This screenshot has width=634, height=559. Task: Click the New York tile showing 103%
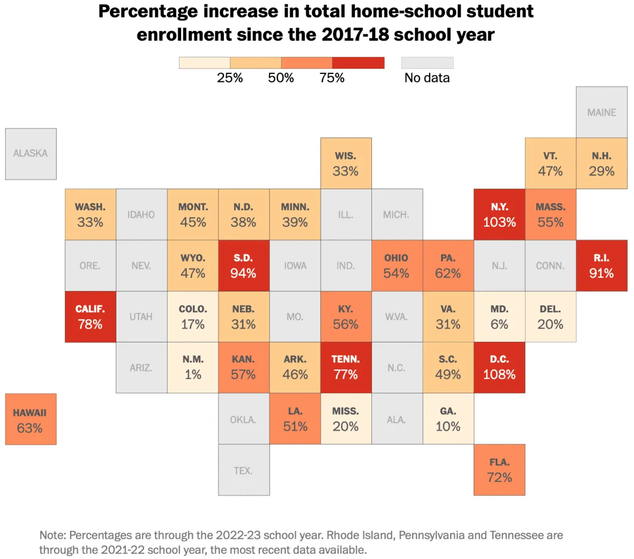499,215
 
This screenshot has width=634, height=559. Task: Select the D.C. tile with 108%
499,367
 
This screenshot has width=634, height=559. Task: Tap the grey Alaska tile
31,154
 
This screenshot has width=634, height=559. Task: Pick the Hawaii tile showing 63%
31,419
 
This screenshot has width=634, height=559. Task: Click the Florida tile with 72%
499,470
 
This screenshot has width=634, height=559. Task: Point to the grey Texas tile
244,470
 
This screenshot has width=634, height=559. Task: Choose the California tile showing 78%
90,316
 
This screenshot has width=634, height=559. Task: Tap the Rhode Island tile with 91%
602,265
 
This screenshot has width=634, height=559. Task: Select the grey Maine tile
602,112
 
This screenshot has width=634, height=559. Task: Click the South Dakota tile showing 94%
244,265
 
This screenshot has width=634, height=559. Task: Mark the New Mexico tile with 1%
193,367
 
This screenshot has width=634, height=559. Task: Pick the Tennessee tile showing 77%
346,367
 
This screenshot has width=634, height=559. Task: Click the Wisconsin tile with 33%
346,163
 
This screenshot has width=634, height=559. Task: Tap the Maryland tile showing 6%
499,316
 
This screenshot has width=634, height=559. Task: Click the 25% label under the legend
230,78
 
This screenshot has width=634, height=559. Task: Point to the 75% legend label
332,78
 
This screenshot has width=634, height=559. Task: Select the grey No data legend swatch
427,63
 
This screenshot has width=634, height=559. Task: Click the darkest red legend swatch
358,63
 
